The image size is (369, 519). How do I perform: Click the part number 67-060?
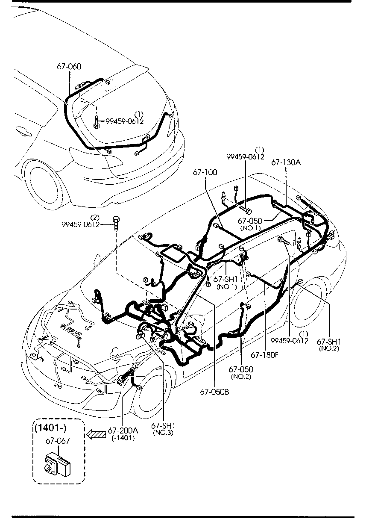point(69,67)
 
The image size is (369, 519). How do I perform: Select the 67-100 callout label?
point(205,172)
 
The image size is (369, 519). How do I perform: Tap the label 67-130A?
point(286,163)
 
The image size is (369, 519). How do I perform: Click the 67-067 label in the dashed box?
point(58,441)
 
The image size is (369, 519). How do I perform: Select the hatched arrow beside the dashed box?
point(95,434)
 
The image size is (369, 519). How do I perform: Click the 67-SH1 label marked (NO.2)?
point(328,342)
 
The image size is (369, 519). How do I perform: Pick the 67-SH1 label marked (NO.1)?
point(226,280)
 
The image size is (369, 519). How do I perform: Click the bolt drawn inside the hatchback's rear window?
point(97,122)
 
